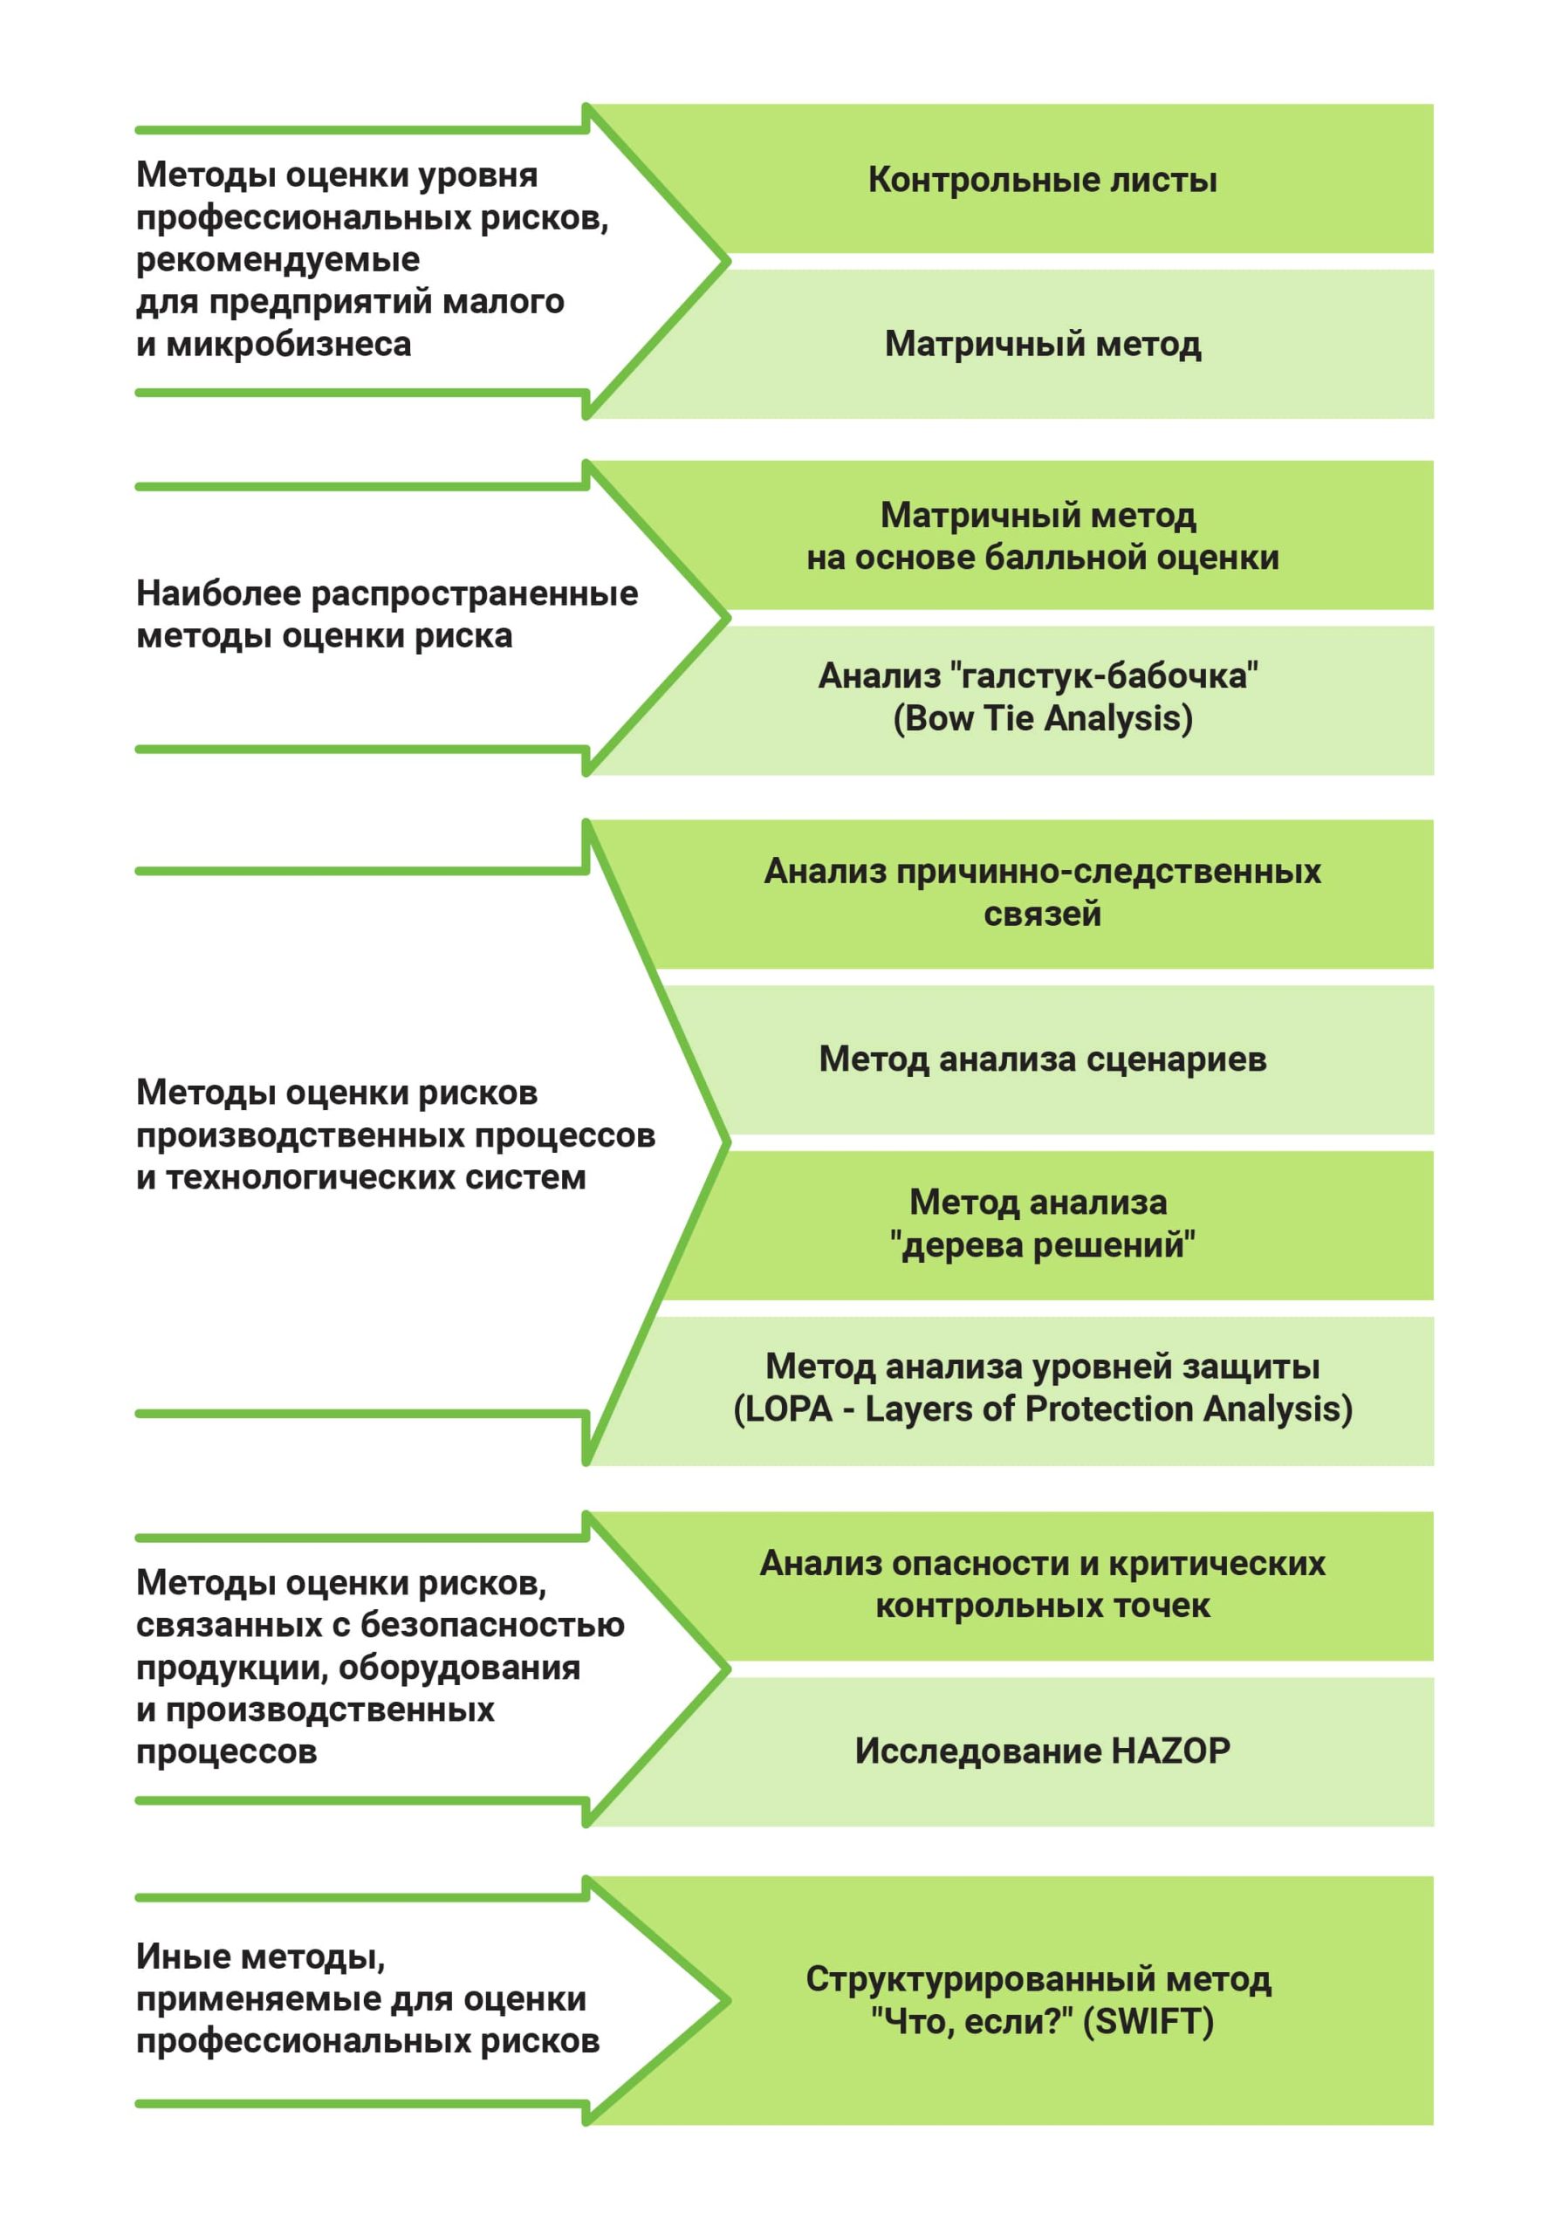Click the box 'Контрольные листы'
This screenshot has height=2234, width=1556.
(1041, 180)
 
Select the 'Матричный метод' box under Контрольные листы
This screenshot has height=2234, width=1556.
(1041, 345)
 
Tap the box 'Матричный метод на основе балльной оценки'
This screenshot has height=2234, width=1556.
(1041, 536)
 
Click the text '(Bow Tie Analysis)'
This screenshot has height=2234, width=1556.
(1042, 719)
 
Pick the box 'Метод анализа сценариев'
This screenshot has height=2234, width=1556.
(1041, 1059)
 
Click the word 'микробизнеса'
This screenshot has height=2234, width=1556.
(288, 345)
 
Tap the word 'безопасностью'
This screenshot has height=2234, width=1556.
(492, 1625)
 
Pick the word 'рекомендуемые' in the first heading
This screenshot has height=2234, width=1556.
(278, 260)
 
